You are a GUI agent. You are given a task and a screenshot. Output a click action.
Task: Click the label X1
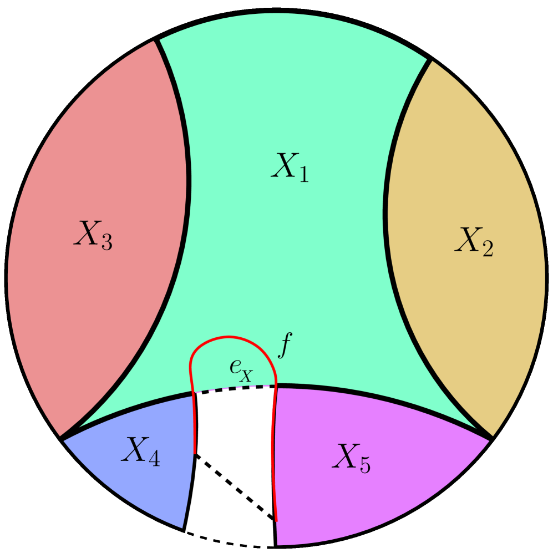pyautogui.click(x=290, y=166)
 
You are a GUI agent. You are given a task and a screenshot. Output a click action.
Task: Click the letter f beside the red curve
pyautogui.click(x=283, y=347)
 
